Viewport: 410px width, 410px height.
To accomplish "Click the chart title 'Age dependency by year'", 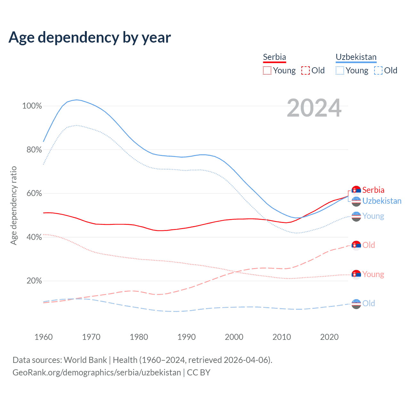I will coord(90,37).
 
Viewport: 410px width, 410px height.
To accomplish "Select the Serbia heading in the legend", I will coord(274,57).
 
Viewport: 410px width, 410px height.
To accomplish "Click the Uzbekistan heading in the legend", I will coord(356,57).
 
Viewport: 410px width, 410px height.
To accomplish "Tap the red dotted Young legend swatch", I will coord(267,70).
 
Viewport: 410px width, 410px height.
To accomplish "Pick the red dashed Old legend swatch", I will coord(306,70).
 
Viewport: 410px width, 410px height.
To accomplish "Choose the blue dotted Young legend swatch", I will coord(340,70).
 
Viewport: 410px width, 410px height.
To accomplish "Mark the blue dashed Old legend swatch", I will coord(378,70).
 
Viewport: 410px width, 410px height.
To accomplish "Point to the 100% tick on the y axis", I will coord(32,106).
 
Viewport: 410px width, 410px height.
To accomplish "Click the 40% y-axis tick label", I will coord(34,237).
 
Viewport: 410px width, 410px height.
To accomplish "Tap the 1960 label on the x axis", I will coord(44,337).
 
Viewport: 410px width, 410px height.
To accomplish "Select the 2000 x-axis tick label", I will coord(234,337).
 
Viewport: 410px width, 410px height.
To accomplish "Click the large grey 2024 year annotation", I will coord(314,108).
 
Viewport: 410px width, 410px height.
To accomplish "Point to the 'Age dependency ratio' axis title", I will coord(14,205).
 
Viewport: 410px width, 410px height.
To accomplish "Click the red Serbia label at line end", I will coord(373,190).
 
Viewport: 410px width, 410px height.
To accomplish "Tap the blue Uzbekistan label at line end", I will coord(382,201).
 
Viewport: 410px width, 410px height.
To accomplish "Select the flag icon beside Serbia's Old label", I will coord(356,245).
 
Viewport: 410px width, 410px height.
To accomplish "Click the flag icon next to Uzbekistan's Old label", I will coord(356,304).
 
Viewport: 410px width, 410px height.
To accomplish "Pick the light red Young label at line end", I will coord(373,275).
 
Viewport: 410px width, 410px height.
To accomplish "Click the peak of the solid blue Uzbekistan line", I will coord(77,100).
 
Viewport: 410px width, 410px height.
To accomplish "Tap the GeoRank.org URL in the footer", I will coord(97,373).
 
